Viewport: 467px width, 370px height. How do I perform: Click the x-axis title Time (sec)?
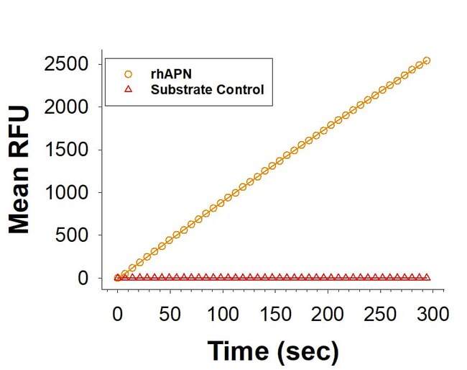pyautogui.click(x=273, y=351)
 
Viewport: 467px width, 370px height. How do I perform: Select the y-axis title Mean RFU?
pyautogui.click(x=20, y=171)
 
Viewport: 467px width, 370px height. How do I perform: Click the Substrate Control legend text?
pyautogui.click(x=207, y=90)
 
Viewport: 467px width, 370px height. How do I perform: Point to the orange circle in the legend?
pyautogui.click(x=128, y=73)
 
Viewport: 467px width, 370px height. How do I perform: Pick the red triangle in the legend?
pyautogui.click(x=128, y=89)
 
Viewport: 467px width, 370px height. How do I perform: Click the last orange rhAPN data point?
pyautogui.click(x=426, y=60)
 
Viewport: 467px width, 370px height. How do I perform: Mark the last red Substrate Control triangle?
pyautogui.click(x=426, y=277)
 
